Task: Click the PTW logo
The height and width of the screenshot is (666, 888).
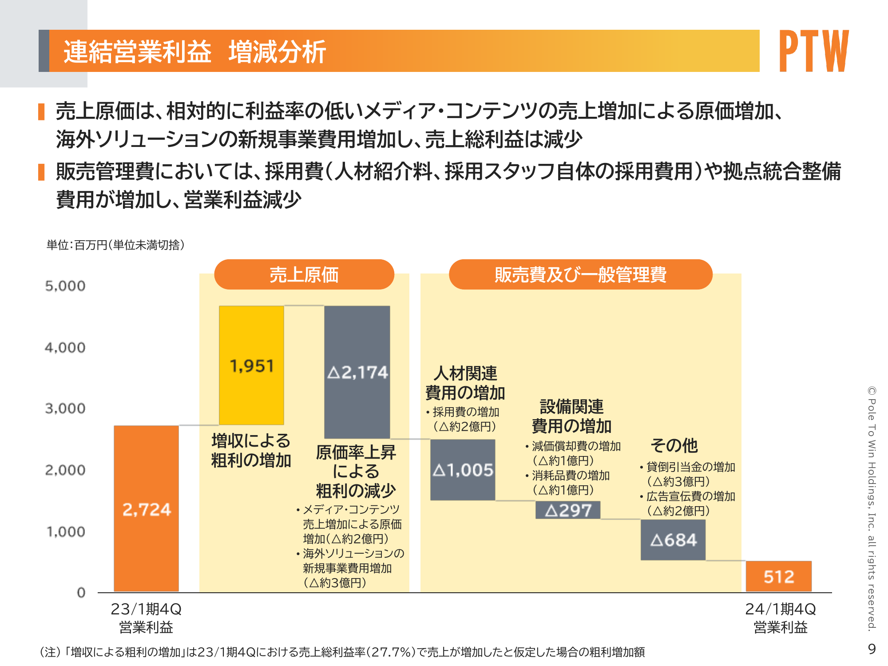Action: point(814,51)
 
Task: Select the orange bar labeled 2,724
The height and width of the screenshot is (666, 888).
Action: point(146,508)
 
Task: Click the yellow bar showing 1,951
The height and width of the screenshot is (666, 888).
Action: point(251,365)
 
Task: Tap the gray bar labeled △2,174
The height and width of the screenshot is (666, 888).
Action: point(357,372)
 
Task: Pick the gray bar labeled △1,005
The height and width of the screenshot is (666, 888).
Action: point(463,470)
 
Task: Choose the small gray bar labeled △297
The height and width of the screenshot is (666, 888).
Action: point(568,510)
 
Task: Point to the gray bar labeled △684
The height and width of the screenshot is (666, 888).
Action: point(673,540)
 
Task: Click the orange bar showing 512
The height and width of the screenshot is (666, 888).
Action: point(779,576)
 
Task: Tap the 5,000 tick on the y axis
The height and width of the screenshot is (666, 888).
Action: point(65,286)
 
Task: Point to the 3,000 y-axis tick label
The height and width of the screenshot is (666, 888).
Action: point(65,408)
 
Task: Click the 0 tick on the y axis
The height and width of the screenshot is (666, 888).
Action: point(81,592)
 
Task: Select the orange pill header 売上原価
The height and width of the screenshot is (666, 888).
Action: point(304,274)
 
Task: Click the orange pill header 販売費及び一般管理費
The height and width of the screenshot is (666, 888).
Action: point(580,274)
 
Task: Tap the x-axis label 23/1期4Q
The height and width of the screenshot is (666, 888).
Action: point(146,609)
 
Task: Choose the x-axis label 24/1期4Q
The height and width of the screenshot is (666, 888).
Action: point(780,609)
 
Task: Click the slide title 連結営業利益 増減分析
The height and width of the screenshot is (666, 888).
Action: point(194,52)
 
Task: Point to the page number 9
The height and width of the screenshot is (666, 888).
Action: point(872,649)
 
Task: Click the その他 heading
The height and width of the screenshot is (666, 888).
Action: point(674,445)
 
